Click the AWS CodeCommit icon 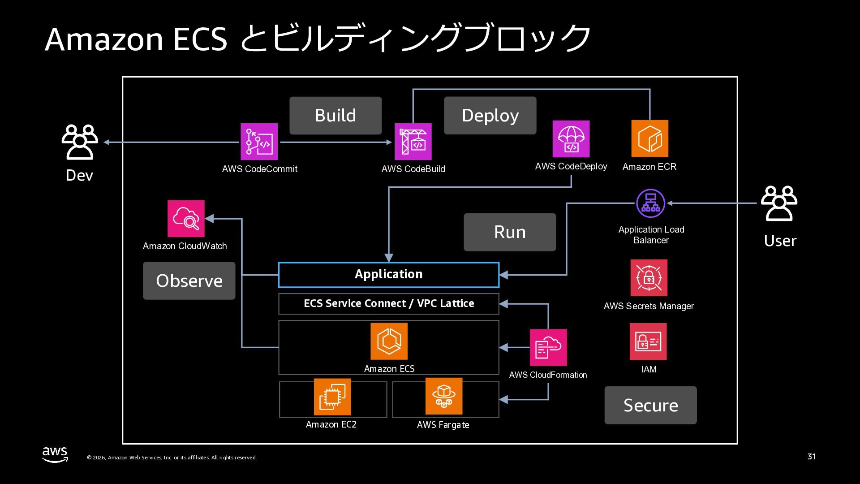point(259,142)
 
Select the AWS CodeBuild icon point(413,142)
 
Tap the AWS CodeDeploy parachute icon point(571,139)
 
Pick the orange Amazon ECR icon point(649,138)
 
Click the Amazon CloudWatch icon point(186,219)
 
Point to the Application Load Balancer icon point(650,203)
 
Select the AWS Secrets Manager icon point(649,278)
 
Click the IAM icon point(648,341)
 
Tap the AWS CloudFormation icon point(548,347)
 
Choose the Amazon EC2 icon point(332,397)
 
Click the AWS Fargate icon point(443,396)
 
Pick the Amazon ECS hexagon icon point(389,341)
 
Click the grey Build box point(335,116)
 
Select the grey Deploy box point(490,116)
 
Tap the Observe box point(189,281)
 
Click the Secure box point(650,405)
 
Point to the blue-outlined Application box point(388,274)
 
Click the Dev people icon point(80,142)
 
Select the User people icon point(779,203)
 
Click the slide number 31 point(812,457)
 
